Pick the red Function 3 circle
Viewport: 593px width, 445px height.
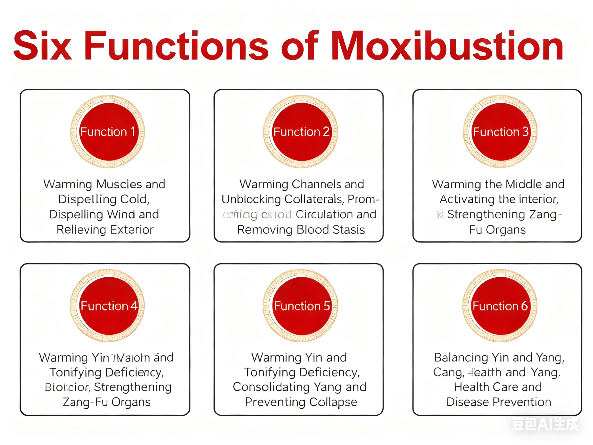500,132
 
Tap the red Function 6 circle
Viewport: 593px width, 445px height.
500,305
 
